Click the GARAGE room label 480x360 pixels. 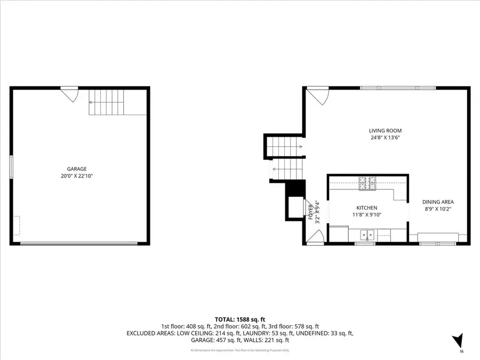click(77, 169)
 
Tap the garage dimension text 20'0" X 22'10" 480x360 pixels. click(77, 176)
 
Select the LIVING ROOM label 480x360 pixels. click(385, 131)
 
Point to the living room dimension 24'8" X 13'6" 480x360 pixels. click(385, 138)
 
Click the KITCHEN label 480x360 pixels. click(367, 208)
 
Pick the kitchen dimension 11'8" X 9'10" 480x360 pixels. click(367, 215)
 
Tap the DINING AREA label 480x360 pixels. click(438, 202)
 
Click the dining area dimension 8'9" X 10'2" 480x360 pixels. click(438, 209)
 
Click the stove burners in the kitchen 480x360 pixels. click(367, 183)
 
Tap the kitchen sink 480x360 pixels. click(367, 234)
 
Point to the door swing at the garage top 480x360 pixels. click(70, 95)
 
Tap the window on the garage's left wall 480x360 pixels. click(12, 167)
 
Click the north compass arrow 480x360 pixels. click(458, 341)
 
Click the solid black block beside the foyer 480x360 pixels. click(295, 189)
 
